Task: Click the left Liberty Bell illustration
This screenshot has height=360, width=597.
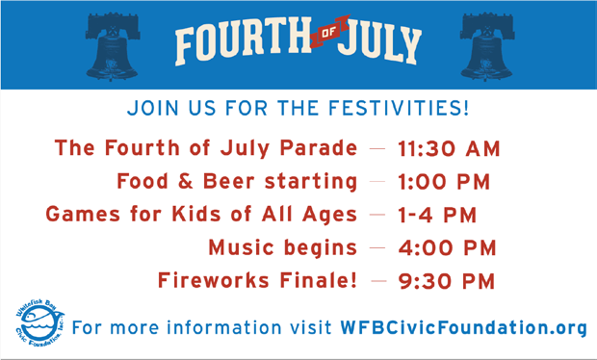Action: [113, 46]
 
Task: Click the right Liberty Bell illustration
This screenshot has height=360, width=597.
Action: [486, 46]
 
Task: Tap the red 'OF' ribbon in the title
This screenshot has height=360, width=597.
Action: [329, 32]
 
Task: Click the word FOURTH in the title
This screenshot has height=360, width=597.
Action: [244, 41]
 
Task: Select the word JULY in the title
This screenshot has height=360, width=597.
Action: [380, 42]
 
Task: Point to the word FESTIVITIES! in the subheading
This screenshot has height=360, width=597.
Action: [399, 108]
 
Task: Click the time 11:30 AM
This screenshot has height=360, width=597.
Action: [449, 148]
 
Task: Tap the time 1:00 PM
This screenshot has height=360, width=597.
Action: [444, 182]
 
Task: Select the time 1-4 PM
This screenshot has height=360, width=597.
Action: [437, 215]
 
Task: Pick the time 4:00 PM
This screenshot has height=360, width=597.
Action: [448, 247]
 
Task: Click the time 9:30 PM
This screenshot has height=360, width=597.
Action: [447, 281]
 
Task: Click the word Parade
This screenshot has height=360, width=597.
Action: [319, 147]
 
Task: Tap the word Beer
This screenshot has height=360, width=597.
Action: [228, 181]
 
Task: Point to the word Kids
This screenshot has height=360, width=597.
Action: [196, 214]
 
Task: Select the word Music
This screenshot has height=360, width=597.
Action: [242, 247]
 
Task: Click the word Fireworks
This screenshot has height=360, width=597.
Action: [214, 280]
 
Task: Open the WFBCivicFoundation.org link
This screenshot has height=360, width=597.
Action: [463, 327]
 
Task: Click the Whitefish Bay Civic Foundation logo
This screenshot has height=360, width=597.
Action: [39, 322]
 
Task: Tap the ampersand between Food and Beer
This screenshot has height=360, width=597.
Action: [186, 181]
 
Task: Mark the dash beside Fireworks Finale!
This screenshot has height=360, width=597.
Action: [378, 281]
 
